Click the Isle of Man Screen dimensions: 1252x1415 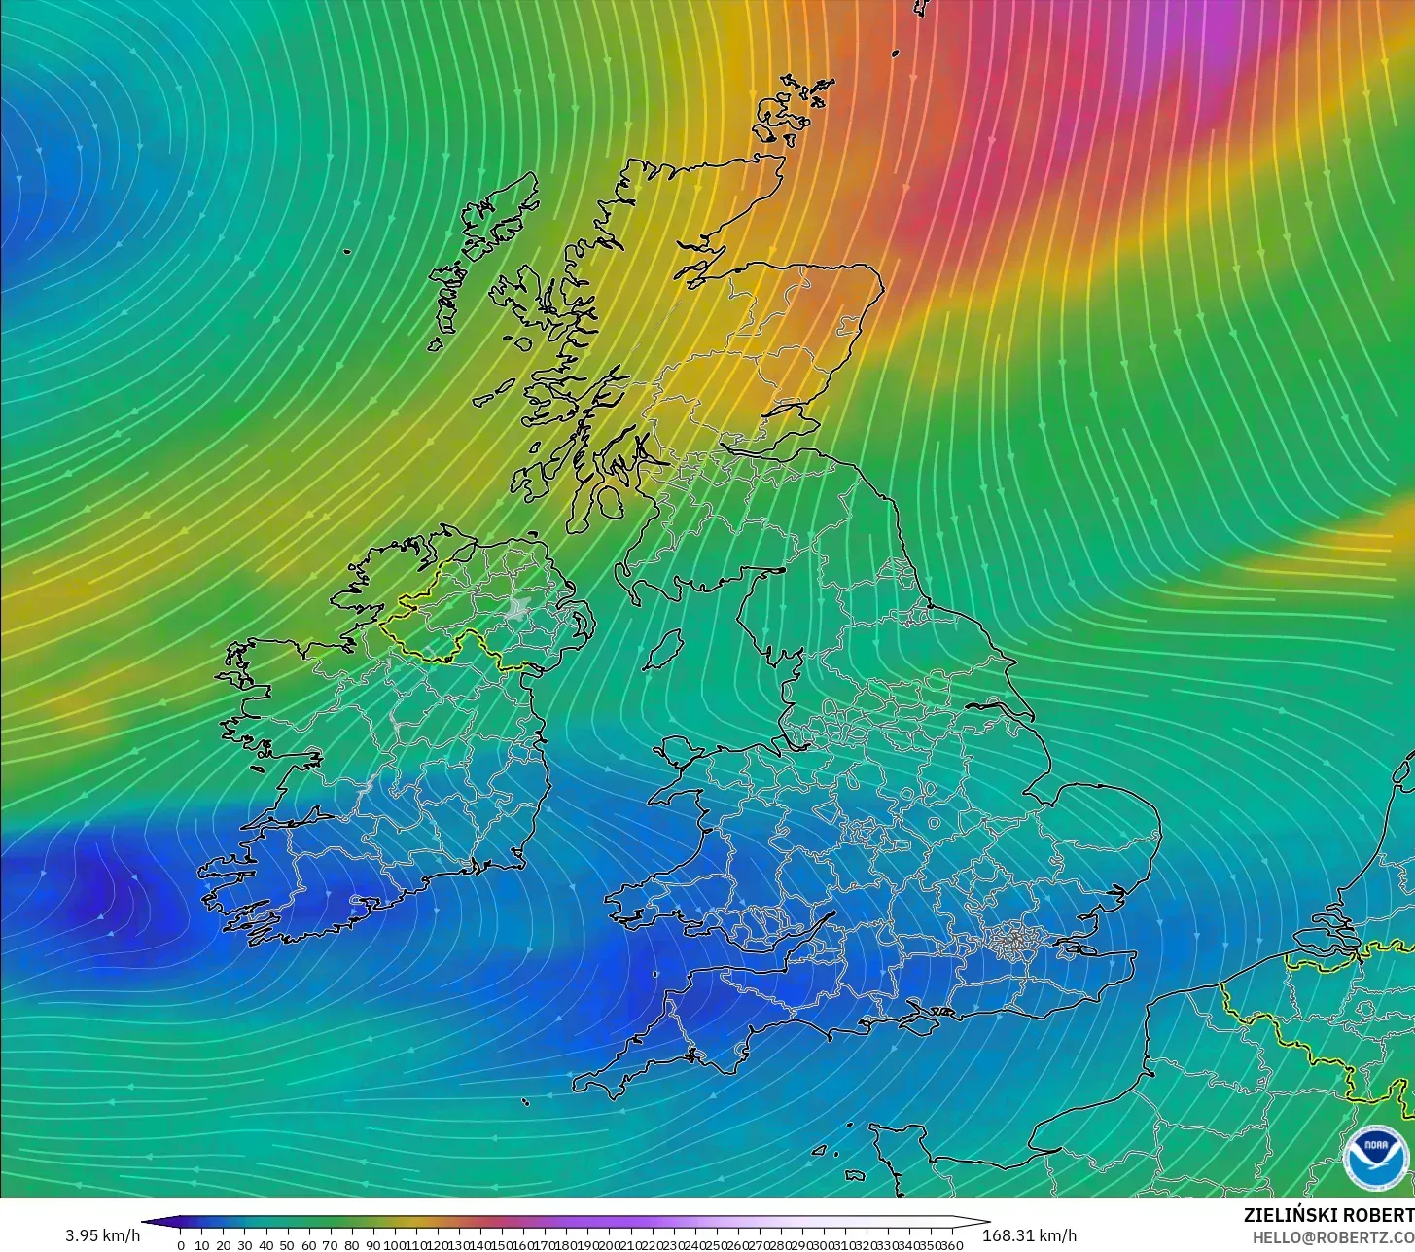[664, 649]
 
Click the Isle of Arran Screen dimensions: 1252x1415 [611, 502]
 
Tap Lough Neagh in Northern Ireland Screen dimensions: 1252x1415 [517, 609]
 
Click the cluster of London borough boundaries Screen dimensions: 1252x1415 [1014, 940]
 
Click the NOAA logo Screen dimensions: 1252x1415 [1375, 1158]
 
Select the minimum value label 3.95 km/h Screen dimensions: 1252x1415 [102, 1235]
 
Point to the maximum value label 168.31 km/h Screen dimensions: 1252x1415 [1030, 1235]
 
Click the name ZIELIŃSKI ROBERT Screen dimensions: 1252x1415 [1328, 1215]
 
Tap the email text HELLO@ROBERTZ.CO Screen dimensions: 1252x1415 [1332, 1236]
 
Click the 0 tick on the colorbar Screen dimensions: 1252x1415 [181, 1245]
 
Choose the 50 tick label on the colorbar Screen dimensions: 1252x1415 [287, 1245]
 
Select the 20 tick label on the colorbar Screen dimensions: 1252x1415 [223, 1245]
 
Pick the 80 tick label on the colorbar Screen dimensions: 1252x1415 [351, 1245]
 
